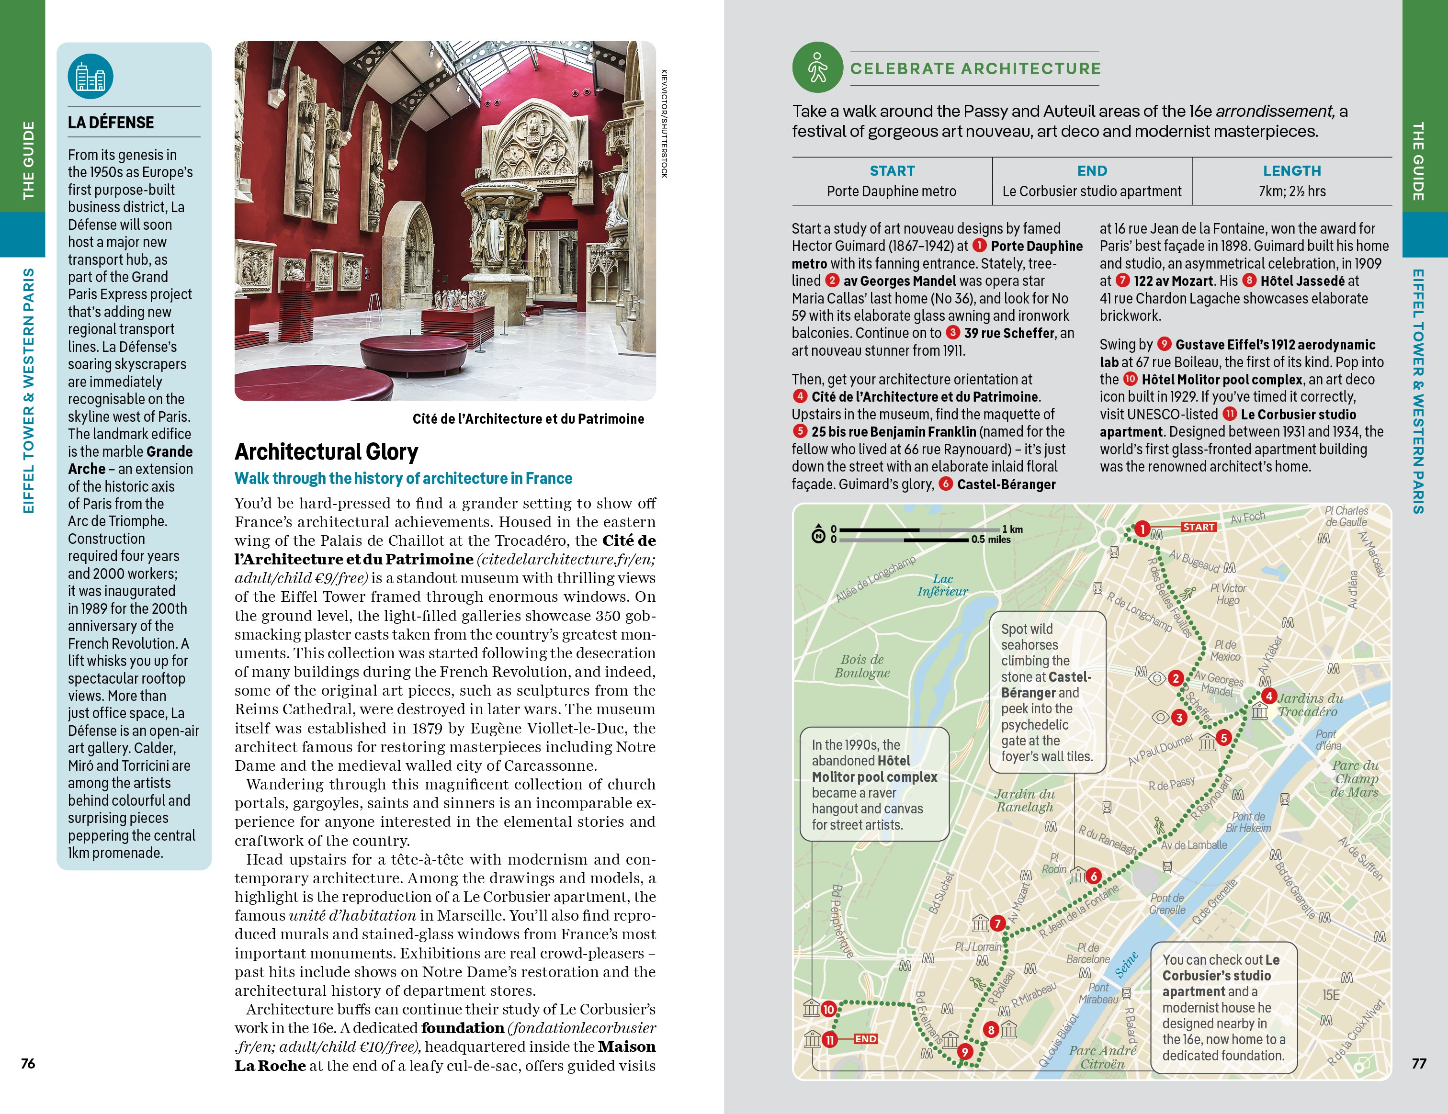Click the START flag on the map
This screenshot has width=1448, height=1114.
(1199, 527)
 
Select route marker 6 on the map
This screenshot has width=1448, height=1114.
(1093, 876)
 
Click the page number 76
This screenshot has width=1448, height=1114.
(28, 1063)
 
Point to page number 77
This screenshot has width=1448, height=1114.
(1418, 1063)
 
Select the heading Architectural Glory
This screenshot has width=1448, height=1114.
(326, 452)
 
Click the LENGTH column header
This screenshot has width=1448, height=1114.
(1291, 171)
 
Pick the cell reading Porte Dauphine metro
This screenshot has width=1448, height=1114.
(891, 191)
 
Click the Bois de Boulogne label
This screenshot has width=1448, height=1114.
(862, 666)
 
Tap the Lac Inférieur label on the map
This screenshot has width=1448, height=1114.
(942, 585)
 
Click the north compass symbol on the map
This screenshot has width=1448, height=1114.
(819, 535)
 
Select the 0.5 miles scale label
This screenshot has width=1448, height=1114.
(991, 540)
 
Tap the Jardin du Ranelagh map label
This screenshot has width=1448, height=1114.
(1024, 800)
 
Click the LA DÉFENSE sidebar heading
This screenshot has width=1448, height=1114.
(111, 123)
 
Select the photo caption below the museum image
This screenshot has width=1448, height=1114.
(528, 419)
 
